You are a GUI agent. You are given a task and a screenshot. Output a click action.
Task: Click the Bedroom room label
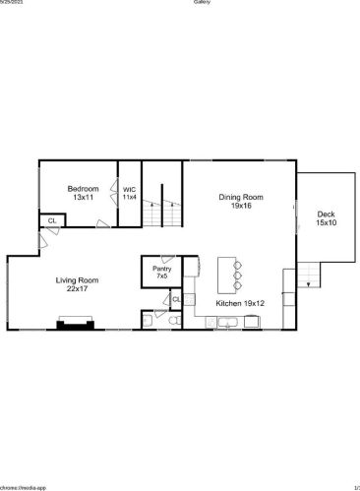(x=82, y=188)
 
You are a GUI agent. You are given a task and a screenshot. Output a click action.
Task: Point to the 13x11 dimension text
(x=82, y=198)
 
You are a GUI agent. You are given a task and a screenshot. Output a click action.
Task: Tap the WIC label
(x=129, y=189)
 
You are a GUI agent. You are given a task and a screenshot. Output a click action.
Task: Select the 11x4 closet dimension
(x=129, y=197)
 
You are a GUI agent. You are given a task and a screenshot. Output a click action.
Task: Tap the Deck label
(x=326, y=215)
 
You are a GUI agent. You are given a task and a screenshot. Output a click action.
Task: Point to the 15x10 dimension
(x=326, y=223)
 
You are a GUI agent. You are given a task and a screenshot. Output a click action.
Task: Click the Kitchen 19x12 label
(x=239, y=304)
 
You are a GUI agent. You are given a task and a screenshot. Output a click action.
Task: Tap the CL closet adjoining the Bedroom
(x=51, y=220)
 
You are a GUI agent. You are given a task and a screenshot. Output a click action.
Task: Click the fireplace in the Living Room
(x=75, y=323)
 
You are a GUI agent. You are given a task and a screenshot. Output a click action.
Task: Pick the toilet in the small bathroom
(x=171, y=320)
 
